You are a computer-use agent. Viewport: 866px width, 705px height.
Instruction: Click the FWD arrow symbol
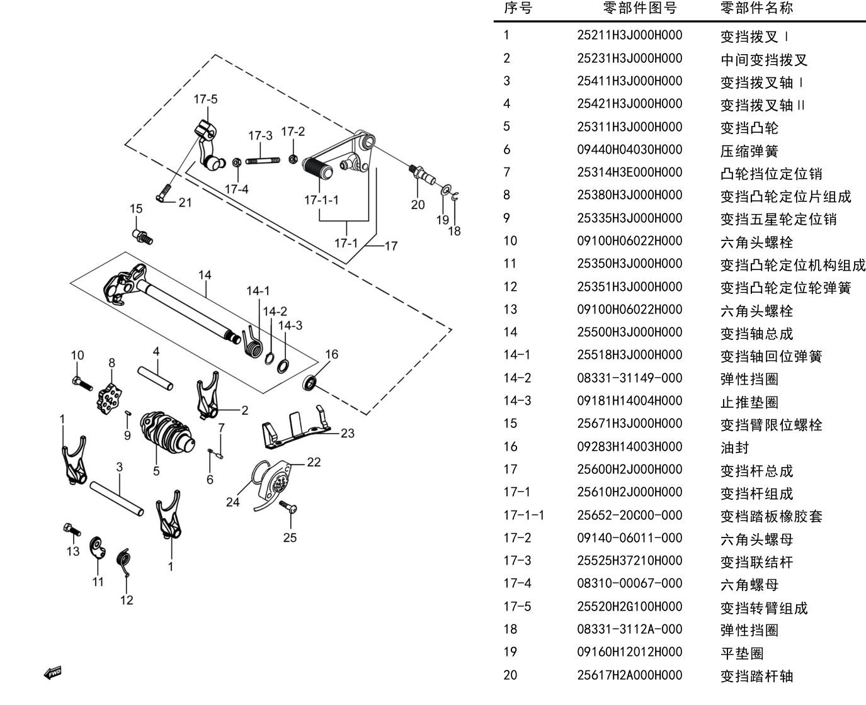(x=53, y=673)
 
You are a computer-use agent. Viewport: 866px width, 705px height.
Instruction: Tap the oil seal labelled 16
(x=311, y=383)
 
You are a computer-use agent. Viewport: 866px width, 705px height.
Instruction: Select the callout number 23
(x=348, y=433)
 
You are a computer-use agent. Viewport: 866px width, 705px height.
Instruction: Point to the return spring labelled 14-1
(x=252, y=342)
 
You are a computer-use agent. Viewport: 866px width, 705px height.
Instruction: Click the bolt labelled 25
(x=288, y=507)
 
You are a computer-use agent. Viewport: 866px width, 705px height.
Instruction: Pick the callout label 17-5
(x=206, y=99)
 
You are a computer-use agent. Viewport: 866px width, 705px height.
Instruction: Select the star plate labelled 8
(x=109, y=398)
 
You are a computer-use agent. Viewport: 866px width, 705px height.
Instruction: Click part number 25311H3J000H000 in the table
(x=629, y=127)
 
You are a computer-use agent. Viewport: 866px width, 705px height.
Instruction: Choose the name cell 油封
(x=734, y=448)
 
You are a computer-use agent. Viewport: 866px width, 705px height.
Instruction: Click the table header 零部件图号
(x=640, y=8)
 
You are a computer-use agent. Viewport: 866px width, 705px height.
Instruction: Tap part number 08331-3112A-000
(x=629, y=629)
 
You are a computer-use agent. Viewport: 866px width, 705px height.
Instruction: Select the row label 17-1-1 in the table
(x=523, y=516)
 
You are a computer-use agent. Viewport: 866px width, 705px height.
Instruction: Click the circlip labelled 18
(x=455, y=196)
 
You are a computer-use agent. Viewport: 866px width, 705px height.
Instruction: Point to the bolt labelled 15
(x=143, y=237)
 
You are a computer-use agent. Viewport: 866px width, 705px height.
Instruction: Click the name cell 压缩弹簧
(x=749, y=151)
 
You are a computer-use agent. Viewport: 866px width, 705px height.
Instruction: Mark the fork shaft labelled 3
(x=117, y=499)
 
